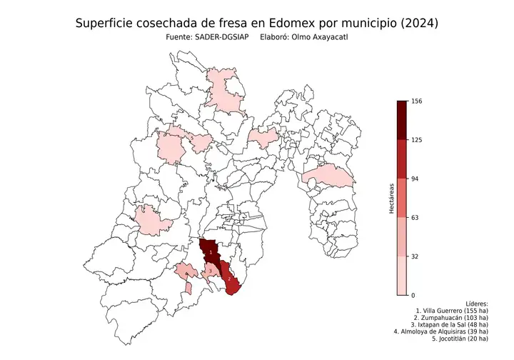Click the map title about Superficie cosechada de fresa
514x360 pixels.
coord(256,24)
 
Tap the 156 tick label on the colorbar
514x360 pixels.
coord(417,101)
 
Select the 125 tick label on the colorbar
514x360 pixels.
coord(417,140)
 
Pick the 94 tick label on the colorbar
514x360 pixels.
coord(415,179)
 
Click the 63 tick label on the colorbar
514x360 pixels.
coord(415,217)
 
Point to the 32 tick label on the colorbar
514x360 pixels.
coord(415,256)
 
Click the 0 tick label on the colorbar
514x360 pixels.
coord(413,294)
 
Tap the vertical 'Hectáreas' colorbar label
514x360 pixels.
coord(392,198)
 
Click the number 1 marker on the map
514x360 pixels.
coord(211,252)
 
